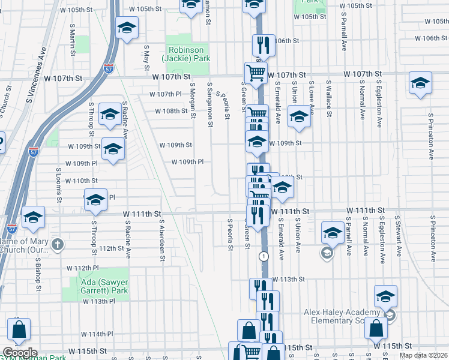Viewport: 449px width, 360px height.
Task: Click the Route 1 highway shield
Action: (264, 256)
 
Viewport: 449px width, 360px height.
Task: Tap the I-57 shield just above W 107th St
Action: (109, 68)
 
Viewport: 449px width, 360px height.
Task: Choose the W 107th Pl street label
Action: (169, 94)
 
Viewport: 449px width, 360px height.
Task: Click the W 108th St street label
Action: (171, 111)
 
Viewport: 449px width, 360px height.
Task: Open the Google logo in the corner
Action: (19, 353)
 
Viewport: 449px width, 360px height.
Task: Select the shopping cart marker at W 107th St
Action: (256, 73)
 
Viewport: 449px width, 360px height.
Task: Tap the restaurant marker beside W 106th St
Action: (262, 45)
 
